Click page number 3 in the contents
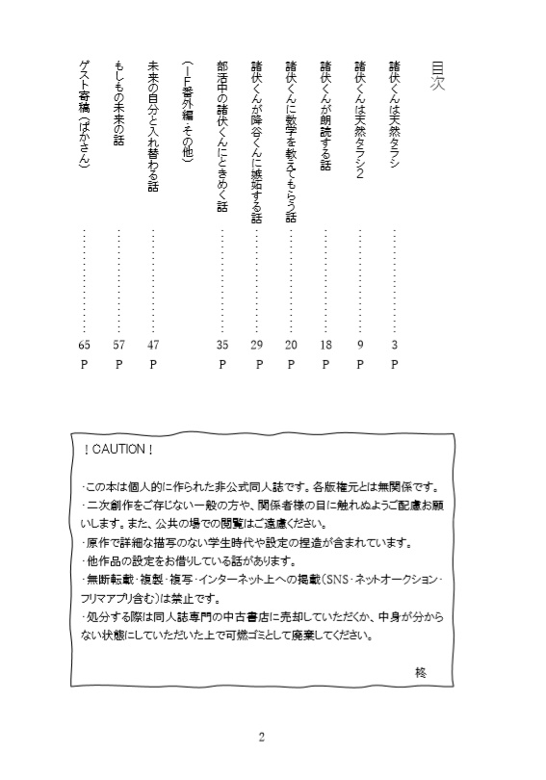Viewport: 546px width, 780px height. tap(395, 344)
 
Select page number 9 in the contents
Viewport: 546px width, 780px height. tap(360, 344)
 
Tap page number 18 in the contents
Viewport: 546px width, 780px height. tap(325, 344)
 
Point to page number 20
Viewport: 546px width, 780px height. tap(291, 344)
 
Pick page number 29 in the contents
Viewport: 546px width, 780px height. tap(257, 344)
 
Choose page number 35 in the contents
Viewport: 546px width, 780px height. tap(222, 344)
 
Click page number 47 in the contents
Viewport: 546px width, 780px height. tap(154, 344)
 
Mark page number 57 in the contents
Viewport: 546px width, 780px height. tap(119, 344)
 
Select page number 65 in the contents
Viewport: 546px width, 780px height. tap(85, 344)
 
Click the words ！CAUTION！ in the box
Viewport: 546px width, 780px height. tap(119, 450)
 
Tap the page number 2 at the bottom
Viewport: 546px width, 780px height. tap(261, 739)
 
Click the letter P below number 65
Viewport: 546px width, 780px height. tap(85, 365)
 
